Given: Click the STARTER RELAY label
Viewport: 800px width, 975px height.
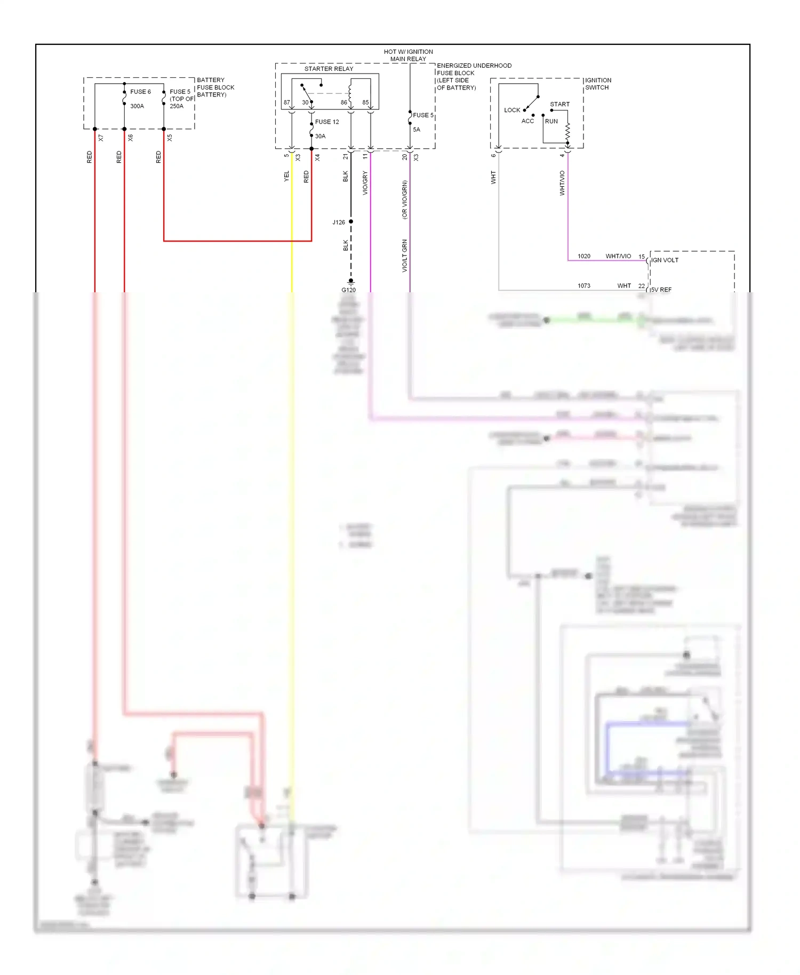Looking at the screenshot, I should click(x=329, y=69).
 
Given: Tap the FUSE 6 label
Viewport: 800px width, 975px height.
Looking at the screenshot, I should click(x=140, y=92).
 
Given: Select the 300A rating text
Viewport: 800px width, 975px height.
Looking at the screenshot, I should click(x=137, y=106).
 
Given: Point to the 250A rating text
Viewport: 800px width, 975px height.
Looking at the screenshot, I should click(x=177, y=106).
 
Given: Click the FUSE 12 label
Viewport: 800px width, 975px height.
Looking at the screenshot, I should click(x=327, y=122).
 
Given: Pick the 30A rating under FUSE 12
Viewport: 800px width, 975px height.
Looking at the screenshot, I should click(x=320, y=136).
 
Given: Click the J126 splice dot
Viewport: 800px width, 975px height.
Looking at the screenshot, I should click(x=351, y=221).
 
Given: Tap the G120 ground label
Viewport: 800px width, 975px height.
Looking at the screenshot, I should click(x=348, y=290).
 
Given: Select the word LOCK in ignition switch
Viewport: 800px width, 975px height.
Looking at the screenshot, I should click(x=512, y=110).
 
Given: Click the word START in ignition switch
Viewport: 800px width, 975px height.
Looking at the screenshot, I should click(x=559, y=105).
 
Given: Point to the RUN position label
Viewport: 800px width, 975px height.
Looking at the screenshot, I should click(x=551, y=121).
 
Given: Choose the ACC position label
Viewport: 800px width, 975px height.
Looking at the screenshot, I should click(x=527, y=121).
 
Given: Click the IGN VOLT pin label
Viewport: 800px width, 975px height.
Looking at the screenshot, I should click(x=665, y=260).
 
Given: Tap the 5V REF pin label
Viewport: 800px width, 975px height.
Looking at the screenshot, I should click(x=661, y=290).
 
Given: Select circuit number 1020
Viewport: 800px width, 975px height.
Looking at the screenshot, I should click(x=584, y=257).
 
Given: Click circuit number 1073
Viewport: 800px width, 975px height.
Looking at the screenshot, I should click(x=584, y=286).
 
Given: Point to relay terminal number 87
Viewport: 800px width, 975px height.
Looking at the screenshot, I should click(x=287, y=102).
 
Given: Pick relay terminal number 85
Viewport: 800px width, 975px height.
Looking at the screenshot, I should click(x=365, y=102).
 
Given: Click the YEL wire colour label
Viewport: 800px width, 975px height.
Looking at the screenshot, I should click(x=286, y=176).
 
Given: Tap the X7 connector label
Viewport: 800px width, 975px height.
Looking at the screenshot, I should click(x=101, y=138).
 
